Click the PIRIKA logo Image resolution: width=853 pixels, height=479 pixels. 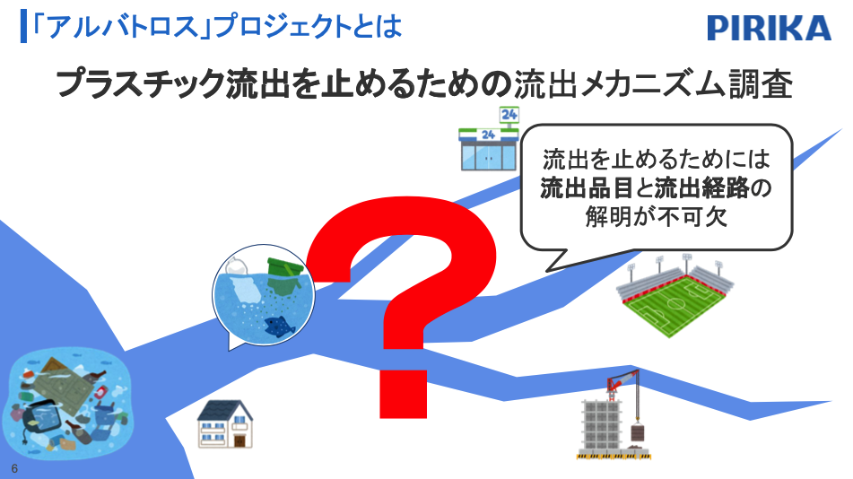point(770,28)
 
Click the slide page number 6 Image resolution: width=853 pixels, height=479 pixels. point(14,468)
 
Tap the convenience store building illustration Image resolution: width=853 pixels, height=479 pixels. point(488,149)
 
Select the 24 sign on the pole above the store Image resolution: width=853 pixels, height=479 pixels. point(509,114)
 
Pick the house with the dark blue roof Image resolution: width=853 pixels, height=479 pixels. point(224,424)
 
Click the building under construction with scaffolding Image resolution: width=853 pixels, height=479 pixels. point(601,430)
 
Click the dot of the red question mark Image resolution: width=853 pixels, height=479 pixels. point(403,394)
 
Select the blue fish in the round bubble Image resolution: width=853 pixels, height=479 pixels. point(279,326)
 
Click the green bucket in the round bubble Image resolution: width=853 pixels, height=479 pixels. point(283,271)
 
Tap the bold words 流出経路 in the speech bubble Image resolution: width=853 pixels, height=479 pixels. point(701,187)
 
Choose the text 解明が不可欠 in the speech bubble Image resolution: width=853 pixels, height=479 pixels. point(656,217)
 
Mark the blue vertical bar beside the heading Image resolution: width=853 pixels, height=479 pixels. point(23,26)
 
